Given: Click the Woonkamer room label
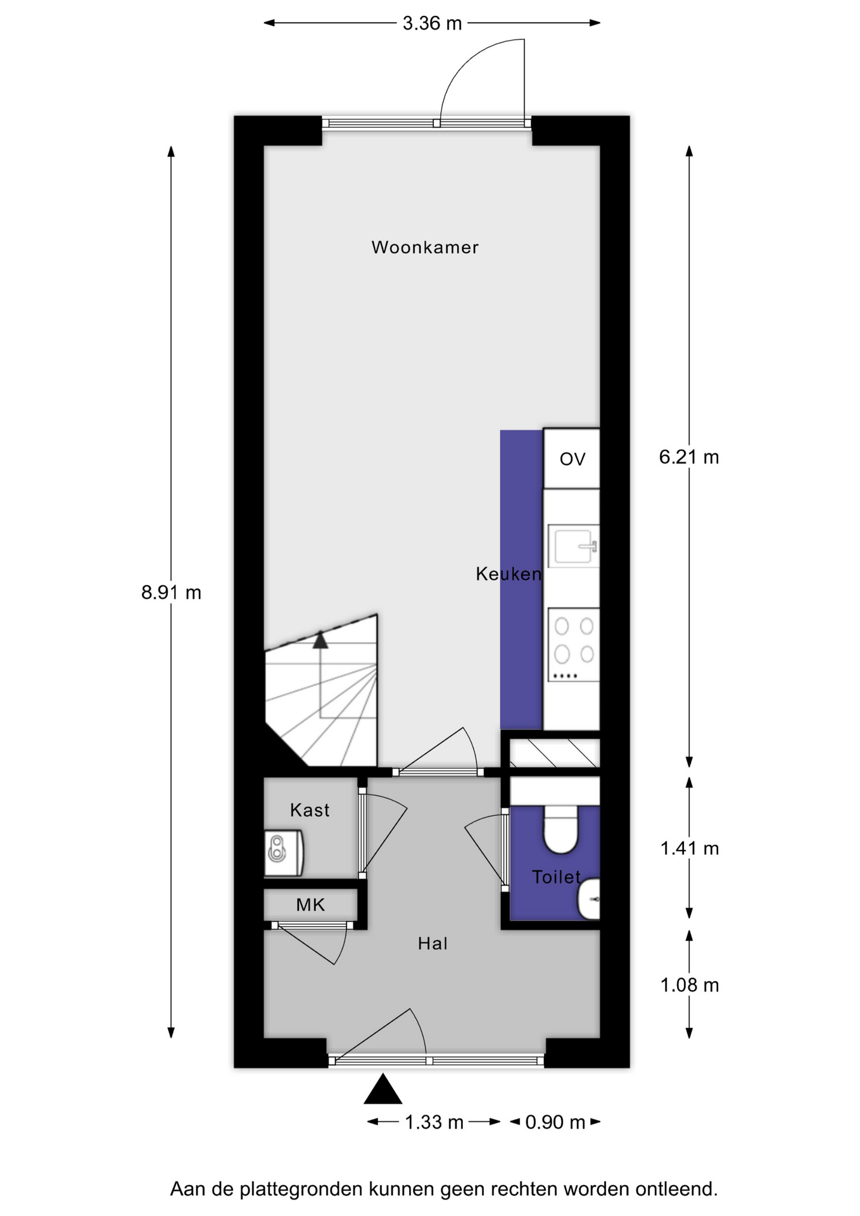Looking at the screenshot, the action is click(425, 247).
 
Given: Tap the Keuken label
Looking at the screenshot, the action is click(509, 574).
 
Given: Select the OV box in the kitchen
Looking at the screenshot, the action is click(571, 459).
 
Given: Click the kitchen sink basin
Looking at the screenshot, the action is click(573, 546).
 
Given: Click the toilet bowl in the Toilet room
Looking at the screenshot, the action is click(560, 828).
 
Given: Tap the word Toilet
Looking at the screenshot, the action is click(556, 877).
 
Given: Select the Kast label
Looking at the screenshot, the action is click(310, 810).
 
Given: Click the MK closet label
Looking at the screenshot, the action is click(310, 905).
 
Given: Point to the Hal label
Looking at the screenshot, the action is click(433, 944).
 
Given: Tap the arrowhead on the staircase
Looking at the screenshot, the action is click(320, 640).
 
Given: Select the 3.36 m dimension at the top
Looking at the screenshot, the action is click(432, 23).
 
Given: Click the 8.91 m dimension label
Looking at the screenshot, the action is click(171, 592).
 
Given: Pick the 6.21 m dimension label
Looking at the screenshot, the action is click(689, 457).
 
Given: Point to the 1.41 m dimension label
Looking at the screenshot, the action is click(690, 848).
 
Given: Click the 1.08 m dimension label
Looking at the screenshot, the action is click(690, 985).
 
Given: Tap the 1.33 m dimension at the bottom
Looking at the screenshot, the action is click(434, 1122).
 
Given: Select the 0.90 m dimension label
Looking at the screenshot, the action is click(555, 1122).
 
